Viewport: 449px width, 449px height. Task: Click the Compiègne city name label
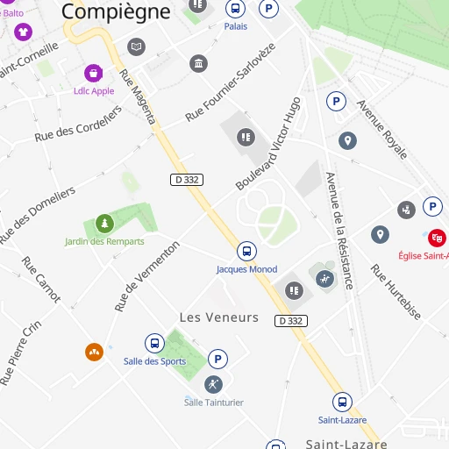point(116,11)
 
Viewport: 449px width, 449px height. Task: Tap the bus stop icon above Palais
point(235,9)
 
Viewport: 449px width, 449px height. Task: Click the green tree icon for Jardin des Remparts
point(104,224)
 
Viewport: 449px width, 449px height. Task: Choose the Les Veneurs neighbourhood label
point(219,317)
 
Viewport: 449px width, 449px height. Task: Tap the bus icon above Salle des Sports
point(154,344)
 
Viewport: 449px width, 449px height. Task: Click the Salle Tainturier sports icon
point(214,384)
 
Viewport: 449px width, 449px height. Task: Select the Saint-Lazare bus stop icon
point(342,403)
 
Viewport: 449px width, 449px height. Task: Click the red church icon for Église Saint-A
point(437,237)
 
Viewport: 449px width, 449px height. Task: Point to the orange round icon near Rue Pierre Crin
point(94,352)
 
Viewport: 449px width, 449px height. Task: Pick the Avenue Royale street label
point(381,129)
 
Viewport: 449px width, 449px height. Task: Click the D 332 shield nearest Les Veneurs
point(290,321)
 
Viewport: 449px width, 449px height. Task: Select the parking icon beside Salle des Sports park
point(217,359)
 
